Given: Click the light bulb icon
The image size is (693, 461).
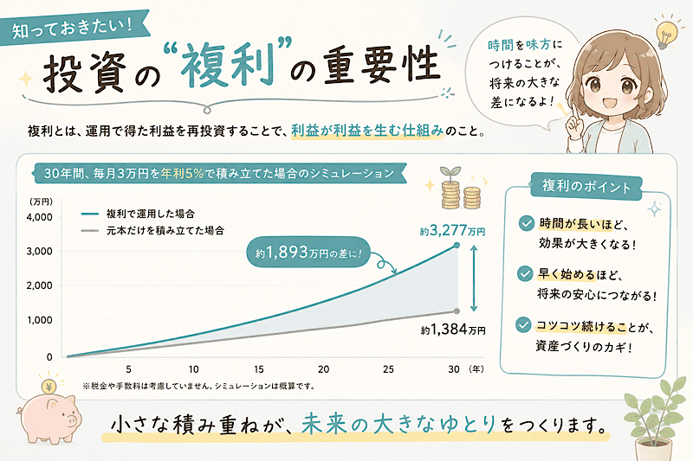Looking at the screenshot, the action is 664,34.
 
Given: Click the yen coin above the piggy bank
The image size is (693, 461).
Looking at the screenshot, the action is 49,387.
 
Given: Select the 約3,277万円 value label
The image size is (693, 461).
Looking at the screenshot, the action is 452,230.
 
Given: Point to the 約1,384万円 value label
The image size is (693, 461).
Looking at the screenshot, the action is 453,329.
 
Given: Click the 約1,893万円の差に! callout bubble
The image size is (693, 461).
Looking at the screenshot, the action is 308,253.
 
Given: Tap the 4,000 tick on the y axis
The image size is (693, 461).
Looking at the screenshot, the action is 39,217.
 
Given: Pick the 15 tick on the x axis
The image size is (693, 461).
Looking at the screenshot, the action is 258,369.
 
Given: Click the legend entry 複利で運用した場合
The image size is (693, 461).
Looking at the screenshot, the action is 150,214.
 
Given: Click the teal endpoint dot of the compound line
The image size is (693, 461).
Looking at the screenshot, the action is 457,245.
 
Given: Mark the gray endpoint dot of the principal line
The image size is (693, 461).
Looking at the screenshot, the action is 457,311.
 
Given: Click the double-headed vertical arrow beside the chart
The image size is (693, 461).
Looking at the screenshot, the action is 473,279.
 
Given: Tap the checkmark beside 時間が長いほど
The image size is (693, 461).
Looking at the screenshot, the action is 526,223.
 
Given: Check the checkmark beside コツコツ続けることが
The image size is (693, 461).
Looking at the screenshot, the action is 523,325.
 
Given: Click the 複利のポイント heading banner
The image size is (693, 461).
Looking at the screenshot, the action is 586,186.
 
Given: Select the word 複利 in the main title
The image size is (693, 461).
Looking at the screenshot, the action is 227,67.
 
